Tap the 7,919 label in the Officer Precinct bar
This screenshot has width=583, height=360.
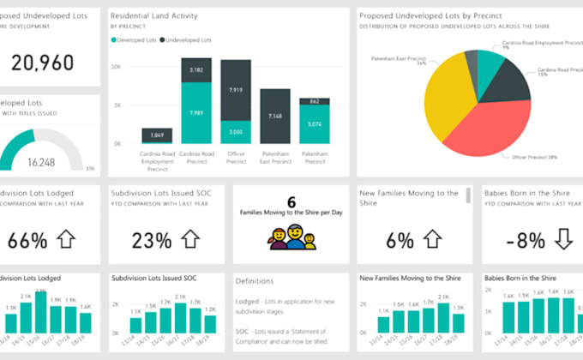pyautogui.click(x=236, y=89)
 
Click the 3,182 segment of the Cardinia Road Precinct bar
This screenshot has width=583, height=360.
pyautogui.click(x=195, y=69)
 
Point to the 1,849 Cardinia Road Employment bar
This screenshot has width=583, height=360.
pyautogui.click(x=157, y=135)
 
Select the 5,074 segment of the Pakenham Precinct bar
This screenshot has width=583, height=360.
pyautogui.click(x=314, y=124)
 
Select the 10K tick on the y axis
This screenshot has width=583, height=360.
pyautogui.click(x=125, y=66)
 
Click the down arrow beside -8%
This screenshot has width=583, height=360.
pyautogui.click(x=563, y=239)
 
